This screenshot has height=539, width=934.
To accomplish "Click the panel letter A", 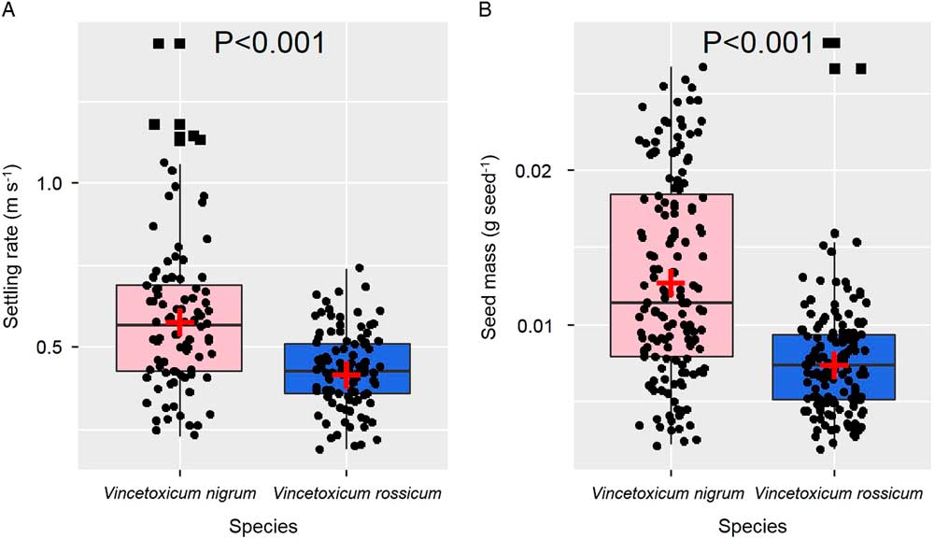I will point(9,9).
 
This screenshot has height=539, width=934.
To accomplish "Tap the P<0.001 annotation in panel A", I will point(270,43).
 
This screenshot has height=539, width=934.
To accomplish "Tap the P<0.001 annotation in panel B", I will point(757,43).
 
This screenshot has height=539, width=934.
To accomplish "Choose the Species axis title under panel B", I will point(752,526).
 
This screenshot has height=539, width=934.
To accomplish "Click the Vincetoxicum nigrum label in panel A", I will point(179,492).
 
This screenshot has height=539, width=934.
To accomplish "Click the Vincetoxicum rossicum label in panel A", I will point(347,492).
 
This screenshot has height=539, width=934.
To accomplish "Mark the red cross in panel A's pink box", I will point(179,322).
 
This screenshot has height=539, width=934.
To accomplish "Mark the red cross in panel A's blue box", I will point(347,375).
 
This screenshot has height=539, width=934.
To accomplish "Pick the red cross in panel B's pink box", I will point(671,282).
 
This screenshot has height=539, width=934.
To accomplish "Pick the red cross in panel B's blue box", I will point(833,365).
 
